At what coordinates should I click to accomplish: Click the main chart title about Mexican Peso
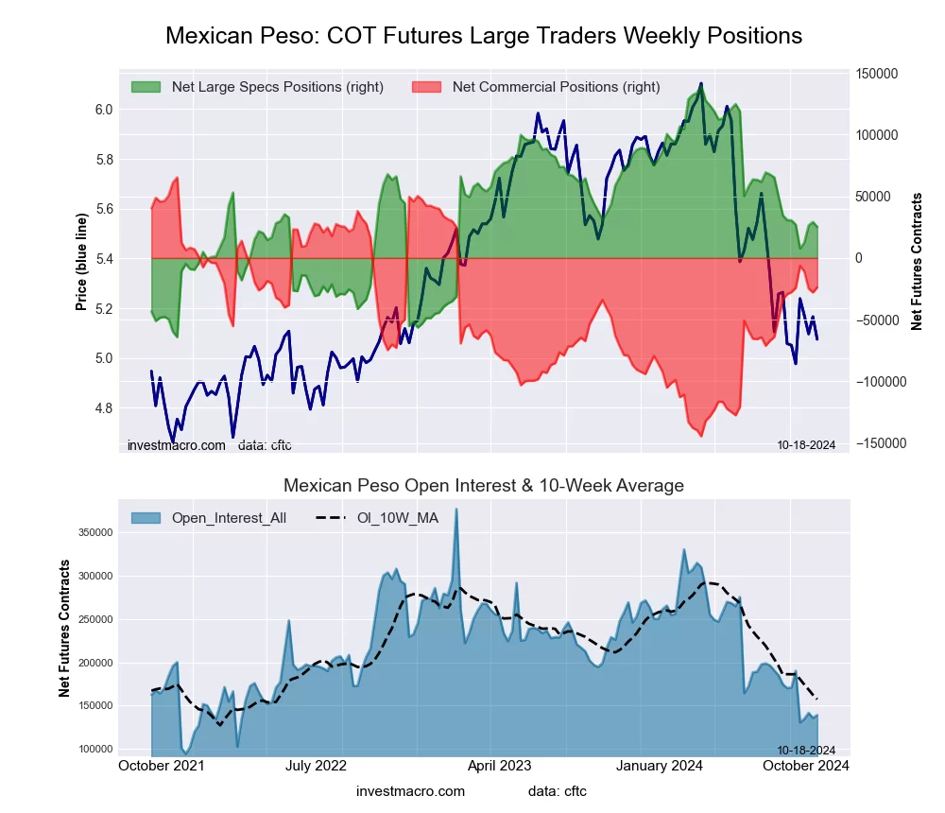(x=484, y=36)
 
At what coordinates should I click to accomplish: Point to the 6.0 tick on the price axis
(x=104, y=110)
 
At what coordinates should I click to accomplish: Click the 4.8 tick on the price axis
(x=104, y=408)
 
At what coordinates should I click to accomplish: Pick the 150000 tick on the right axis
(x=876, y=74)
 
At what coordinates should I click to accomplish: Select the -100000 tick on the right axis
(x=878, y=382)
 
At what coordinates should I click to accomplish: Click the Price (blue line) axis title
(x=81, y=262)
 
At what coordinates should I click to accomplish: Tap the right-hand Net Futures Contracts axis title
(x=917, y=262)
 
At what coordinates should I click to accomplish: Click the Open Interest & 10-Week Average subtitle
(x=484, y=486)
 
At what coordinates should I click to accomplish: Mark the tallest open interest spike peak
(x=456, y=510)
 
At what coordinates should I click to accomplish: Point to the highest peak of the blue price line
(x=701, y=83)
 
